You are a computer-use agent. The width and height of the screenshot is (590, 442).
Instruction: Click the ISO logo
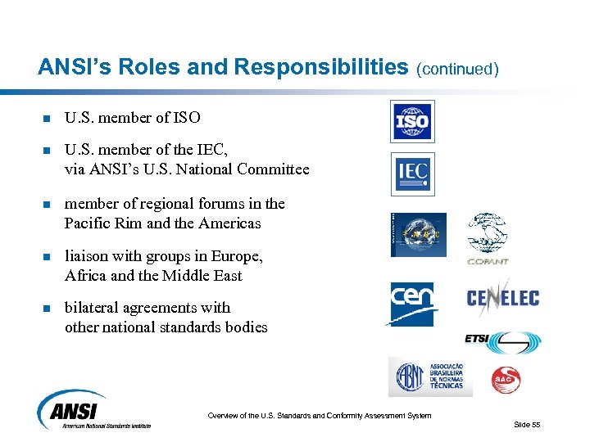(412, 122)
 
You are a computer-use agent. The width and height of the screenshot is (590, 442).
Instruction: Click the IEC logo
(412, 174)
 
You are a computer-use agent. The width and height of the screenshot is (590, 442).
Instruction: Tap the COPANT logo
(488, 238)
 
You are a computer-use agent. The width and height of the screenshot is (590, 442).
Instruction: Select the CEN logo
(411, 304)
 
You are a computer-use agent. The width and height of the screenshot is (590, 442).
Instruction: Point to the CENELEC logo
(502, 296)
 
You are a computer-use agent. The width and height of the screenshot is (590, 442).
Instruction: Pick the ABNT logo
(429, 377)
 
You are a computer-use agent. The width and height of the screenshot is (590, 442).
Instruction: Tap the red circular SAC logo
(506, 379)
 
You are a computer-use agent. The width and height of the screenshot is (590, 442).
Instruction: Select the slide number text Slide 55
(527, 424)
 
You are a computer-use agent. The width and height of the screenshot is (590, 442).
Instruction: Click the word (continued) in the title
(458, 69)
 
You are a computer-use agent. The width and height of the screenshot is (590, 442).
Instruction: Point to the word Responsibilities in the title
(321, 67)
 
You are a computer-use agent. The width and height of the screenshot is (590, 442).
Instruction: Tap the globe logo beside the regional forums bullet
(418, 234)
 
